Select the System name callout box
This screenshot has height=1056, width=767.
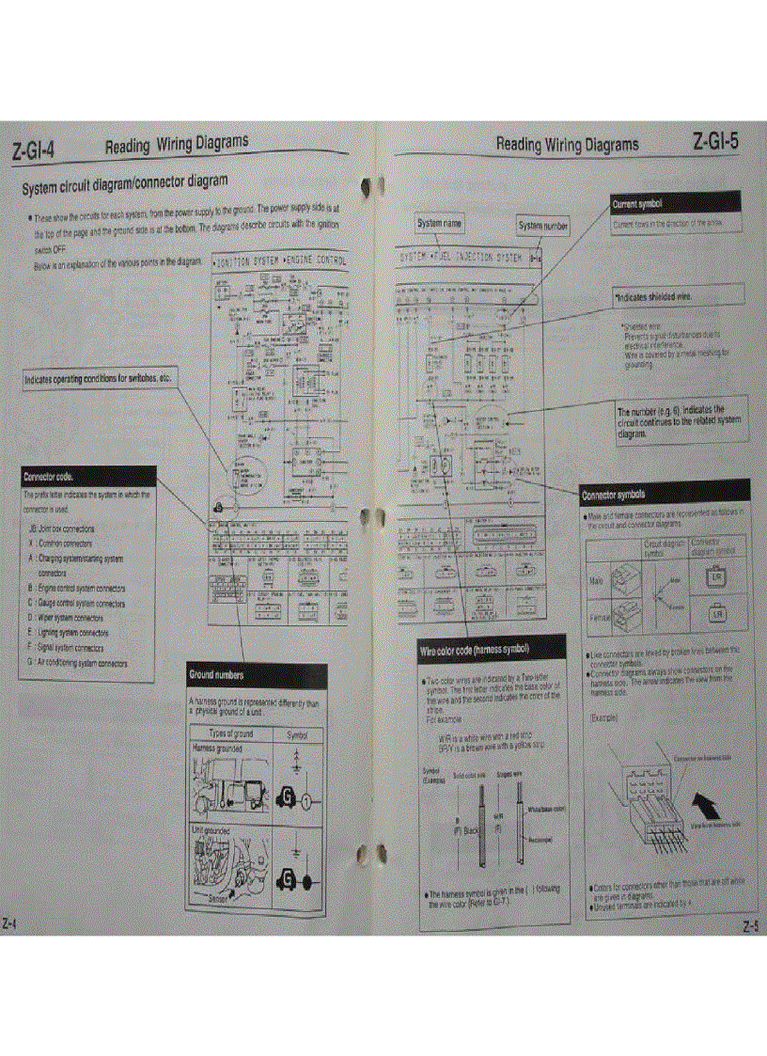click(440, 224)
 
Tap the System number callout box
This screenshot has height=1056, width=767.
click(543, 226)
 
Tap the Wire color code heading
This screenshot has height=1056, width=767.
click(490, 650)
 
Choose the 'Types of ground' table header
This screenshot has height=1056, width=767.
click(231, 733)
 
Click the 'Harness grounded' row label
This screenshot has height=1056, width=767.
click(217, 749)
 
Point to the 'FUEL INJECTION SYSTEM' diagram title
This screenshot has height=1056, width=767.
click(462, 256)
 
